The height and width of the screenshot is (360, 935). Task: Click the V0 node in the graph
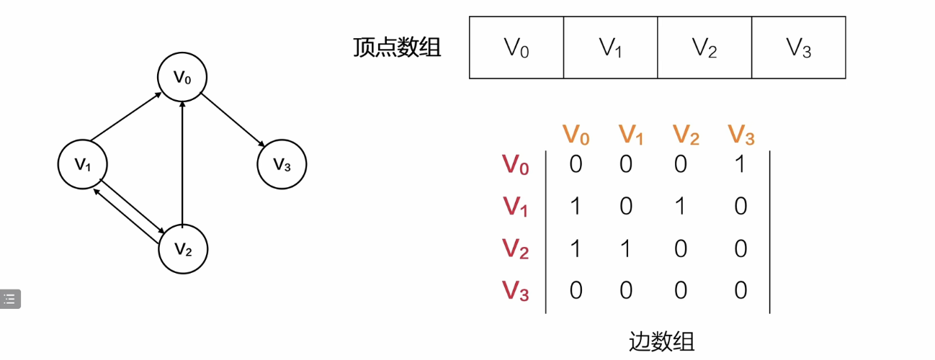[x=183, y=76]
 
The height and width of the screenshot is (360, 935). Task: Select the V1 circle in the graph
[x=83, y=164]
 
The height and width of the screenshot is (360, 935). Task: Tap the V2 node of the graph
[x=183, y=249]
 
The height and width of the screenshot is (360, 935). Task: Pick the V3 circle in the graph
[x=282, y=164]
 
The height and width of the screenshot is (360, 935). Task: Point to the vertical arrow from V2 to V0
[x=183, y=163]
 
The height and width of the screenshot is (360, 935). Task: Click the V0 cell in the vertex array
[x=516, y=48]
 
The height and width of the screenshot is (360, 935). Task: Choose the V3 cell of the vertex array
[x=798, y=48]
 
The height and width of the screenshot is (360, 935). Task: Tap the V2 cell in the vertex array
[x=704, y=48]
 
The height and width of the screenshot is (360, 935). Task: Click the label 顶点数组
[x=397, y=48]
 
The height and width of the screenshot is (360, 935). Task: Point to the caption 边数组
[x=661, y=341]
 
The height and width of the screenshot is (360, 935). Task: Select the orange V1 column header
[x=630, y=134]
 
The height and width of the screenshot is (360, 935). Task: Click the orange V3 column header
[x=741, y=134]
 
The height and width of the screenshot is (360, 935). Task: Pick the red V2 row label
[x=516, y=249]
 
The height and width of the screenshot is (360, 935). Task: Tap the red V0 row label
[x=516, y=166]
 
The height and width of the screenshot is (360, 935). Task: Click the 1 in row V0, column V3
[x=741, y=164]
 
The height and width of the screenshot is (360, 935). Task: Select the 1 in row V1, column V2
[x=681, y=207]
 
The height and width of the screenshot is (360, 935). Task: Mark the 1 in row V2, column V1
[x=626, y=249]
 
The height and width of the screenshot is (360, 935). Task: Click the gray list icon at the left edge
[x=10, y=298]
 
